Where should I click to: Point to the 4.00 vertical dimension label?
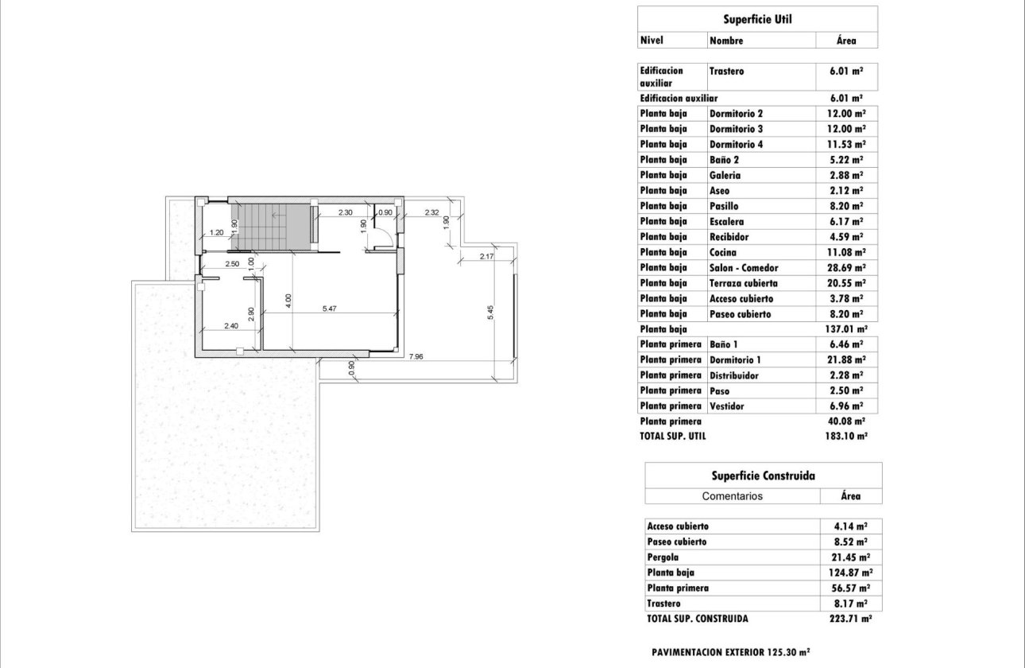[x=288, y=300]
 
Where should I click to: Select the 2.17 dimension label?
[x=487, y=256]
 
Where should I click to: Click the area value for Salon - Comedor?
[x=846, y=268]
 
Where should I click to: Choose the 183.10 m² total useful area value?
[x=846, y=437]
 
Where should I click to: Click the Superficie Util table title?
[x=757, y=19]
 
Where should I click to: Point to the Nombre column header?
[x=726, y=41]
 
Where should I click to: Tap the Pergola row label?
[x=663, y=557]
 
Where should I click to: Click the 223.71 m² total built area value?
[x=850, y=619]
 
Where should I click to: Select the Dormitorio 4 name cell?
[x=736, y=145]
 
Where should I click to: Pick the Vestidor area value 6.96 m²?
[x=846, y=406]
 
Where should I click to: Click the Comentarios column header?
[x=732, y=496]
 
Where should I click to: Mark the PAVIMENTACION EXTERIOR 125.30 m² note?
[x=730, y=651]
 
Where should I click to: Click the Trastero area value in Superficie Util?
[x=846, y=71]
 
